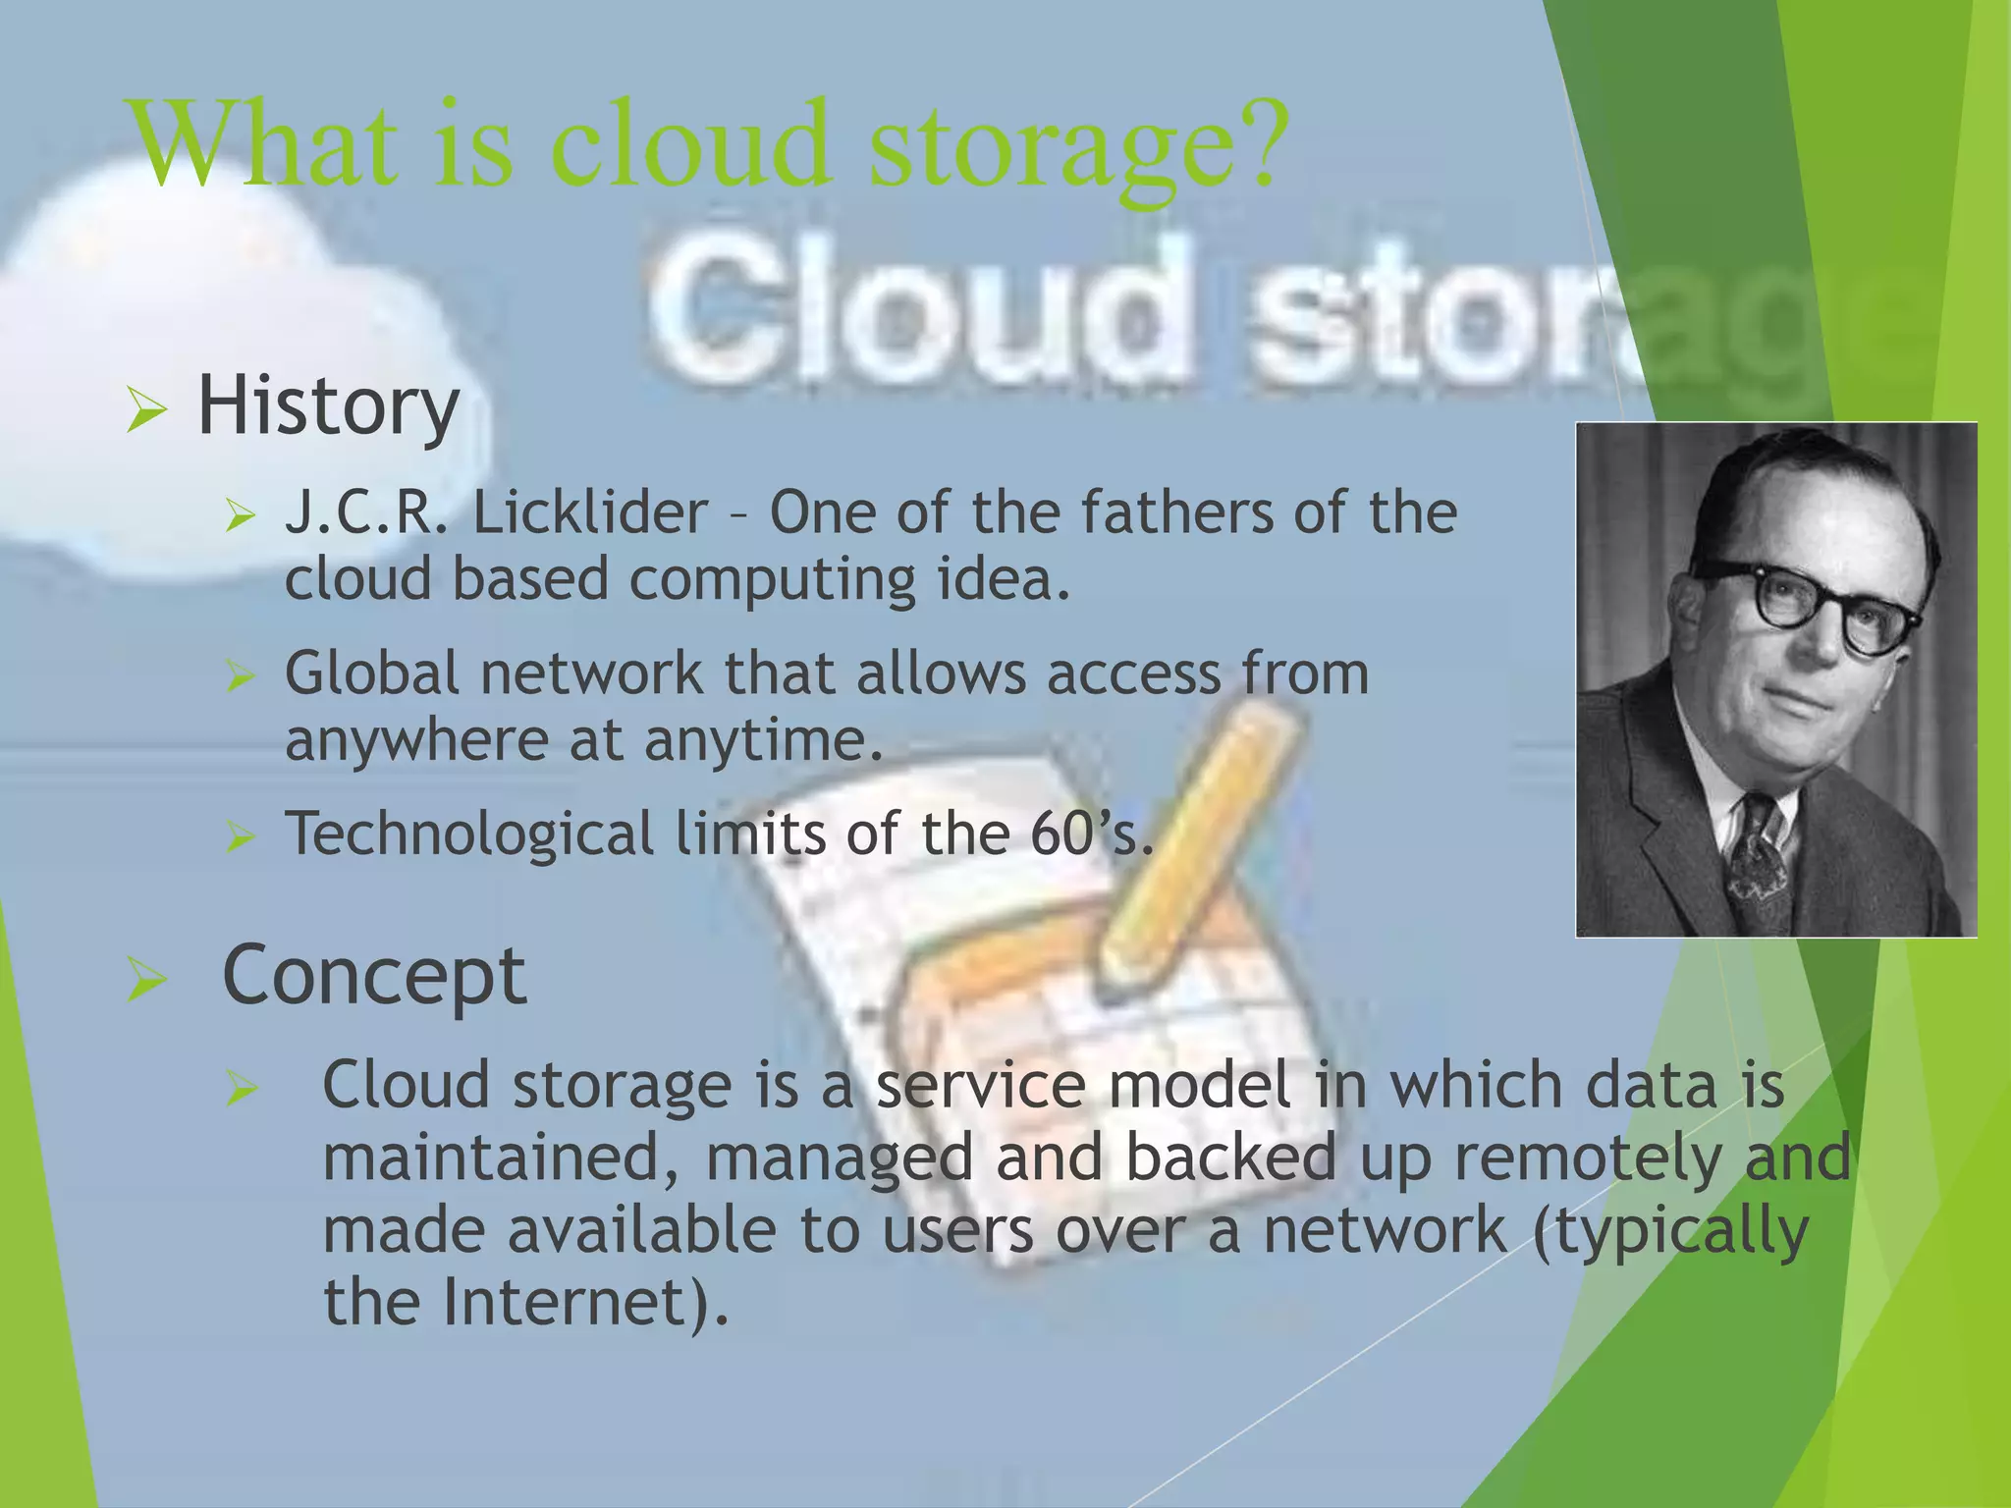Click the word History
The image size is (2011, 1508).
pyautogui.click(x=328, y=407)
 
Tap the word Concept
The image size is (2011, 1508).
pyautogui.click(x=374, y=975)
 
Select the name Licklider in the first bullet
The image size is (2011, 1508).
pyautogui.click(x=590, y=512)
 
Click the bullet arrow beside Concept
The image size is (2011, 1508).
pyautogui.click(x=146, y=981)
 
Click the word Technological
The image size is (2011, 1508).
pyautogui.click(x=468, y=834)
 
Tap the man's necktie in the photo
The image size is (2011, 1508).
pyautogui.click(x=1758, y=864)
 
